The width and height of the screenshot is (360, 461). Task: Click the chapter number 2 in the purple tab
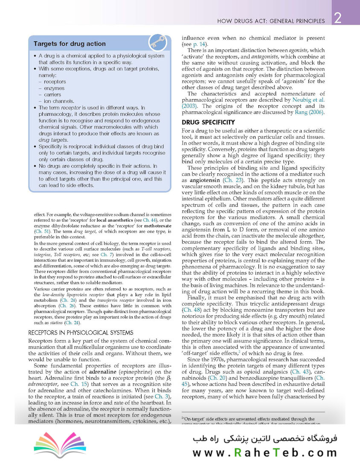tap(337, 19)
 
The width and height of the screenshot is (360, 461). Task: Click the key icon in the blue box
tap(157, 43)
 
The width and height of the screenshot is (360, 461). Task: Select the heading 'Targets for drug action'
tap(70, 44)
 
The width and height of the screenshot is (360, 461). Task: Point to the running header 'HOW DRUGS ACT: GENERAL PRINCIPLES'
tap(271, 20)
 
